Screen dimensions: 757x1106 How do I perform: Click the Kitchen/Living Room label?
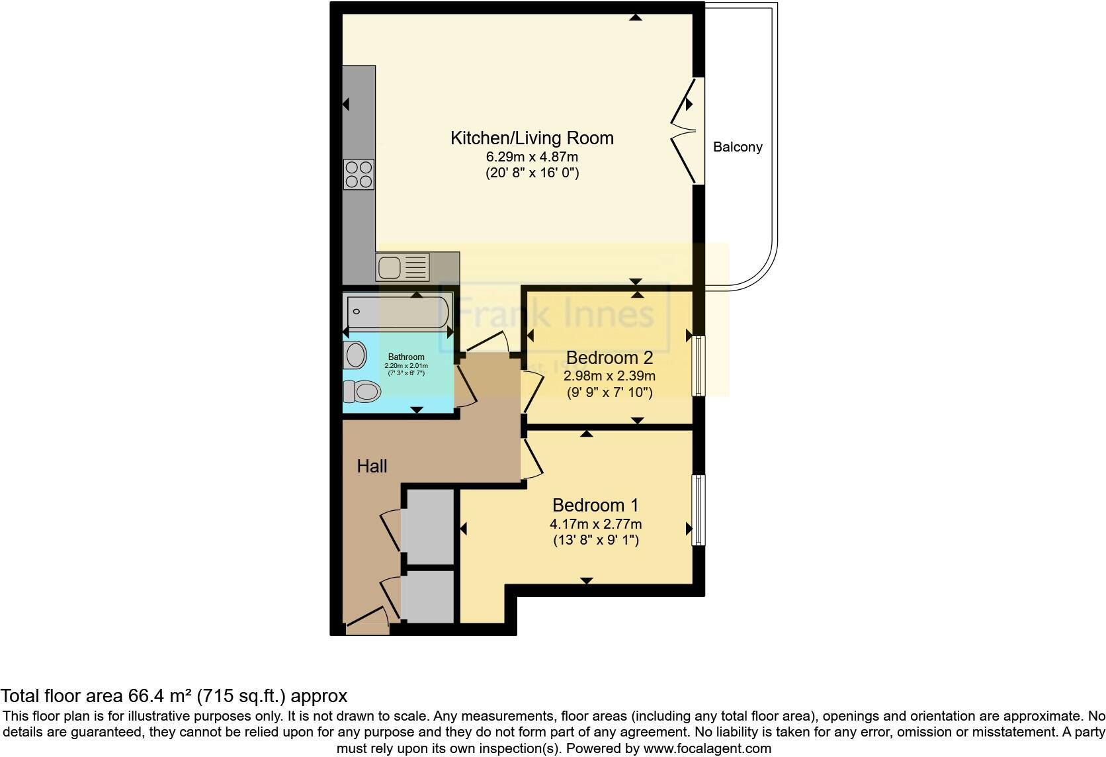pyautogui.click(x=532, y=138)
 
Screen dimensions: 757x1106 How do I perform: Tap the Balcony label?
pyautogui.click(x=738, y=148)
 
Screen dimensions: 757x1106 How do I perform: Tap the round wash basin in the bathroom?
pyautogui.click(x=356, y=355)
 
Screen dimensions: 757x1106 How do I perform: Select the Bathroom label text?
pyautogui.click(x=406, y=357)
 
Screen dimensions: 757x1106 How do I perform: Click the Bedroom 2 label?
pyautogui.click(x=609, y=358)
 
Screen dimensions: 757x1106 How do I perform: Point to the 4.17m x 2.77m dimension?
pyautogui.click(x=595, y=524)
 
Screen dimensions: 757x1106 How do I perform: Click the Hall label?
pyautogui.click(x=372, y=467)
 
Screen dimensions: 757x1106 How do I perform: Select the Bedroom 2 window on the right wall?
pyautogui.click(x=698, y=366)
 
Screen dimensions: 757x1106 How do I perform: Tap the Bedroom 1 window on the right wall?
pyautogui.click(x=698, y=510)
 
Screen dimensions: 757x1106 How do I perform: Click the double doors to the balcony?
pyautogui.click(x=685, y=131)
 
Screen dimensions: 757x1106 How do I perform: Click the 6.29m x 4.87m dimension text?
pyautogui.click(x=532, y=157)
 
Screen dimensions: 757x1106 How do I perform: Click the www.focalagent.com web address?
pyautogui.click(x=707, y=749)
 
